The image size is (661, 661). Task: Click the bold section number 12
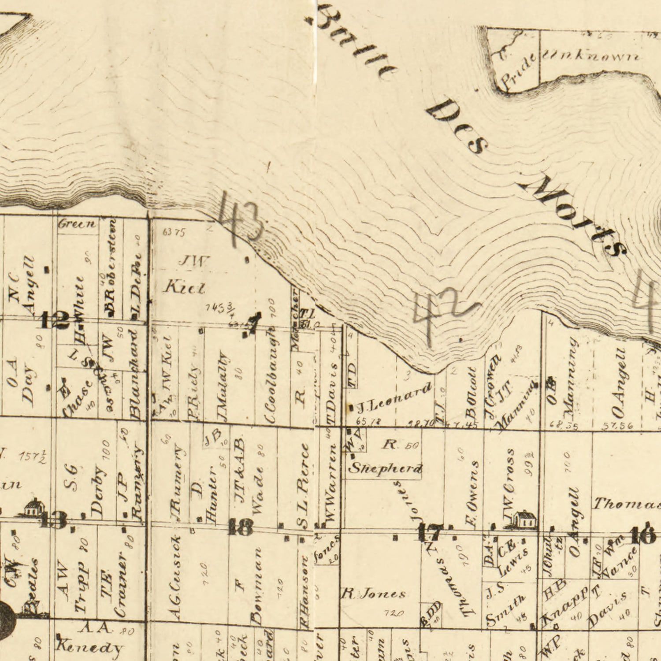pos(55,320)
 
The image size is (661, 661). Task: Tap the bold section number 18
pos(241,527)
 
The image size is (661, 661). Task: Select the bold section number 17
pos(428,533)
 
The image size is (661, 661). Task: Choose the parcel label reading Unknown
pos(591,56)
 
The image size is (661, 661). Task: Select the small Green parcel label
pos(77,224)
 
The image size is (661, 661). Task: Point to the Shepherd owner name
pos(385,468)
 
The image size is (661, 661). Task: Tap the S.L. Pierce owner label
pos(304,485)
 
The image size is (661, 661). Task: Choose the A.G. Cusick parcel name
pos(175,577)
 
